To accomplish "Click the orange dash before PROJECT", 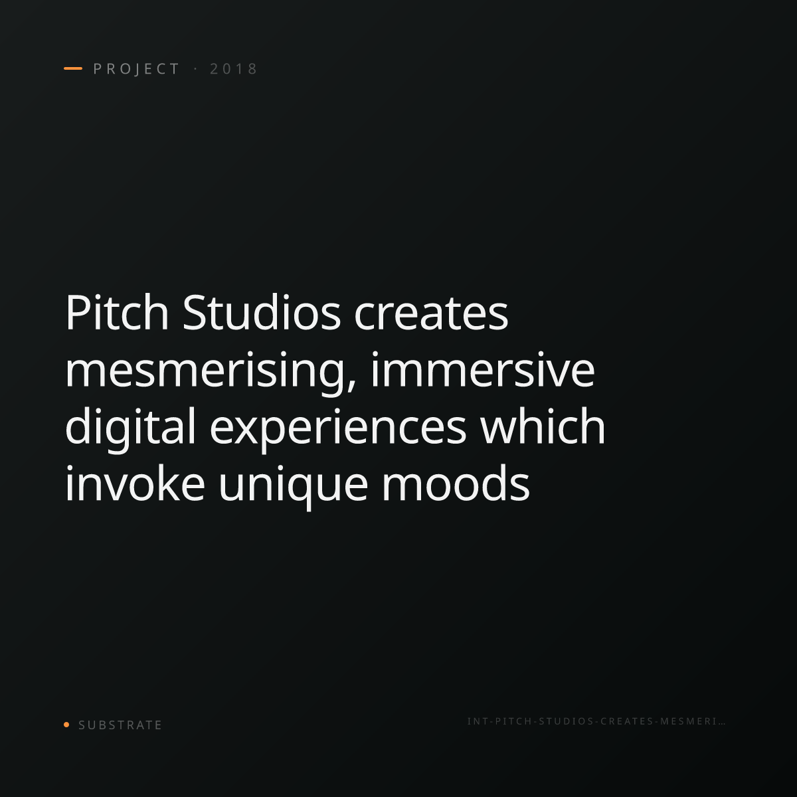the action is coord(73,68).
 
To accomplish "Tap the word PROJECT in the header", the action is coord(136,69).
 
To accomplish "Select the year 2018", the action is coord(234,68).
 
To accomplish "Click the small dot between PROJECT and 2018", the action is coord(195,68).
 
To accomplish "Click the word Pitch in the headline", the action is coord(117,312).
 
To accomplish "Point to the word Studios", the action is coord(262,312).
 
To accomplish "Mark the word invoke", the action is coord(135,484).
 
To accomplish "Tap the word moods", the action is coord(456,484).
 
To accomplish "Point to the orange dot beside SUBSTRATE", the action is coord(66,725).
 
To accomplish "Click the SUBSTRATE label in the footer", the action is coord(120,725).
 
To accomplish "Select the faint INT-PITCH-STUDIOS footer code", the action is coord(596,721).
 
